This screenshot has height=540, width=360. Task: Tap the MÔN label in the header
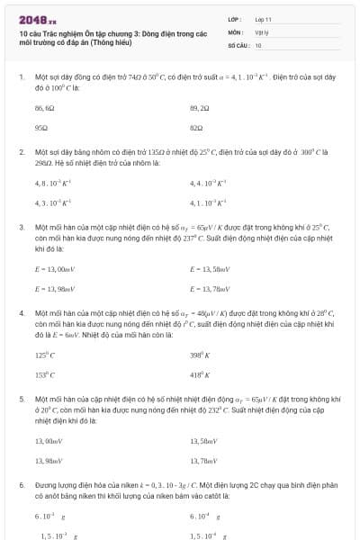235,31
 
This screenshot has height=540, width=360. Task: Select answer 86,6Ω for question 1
45,107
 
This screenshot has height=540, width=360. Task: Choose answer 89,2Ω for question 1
200,107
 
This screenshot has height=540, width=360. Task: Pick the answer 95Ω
41,128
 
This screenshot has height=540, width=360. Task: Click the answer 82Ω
196,128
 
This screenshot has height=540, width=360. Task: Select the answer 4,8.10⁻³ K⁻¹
53,183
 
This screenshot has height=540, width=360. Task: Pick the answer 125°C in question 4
45,355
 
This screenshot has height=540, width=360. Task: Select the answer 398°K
199,355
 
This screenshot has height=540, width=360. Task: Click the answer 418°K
199,374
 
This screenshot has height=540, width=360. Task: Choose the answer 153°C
45,374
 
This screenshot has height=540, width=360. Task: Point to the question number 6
22,484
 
